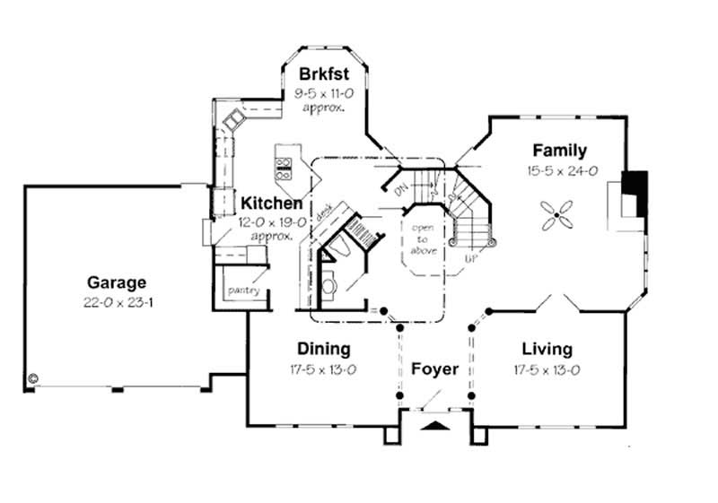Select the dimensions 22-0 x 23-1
117,303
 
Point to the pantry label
244,291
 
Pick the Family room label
559,151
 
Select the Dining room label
323,349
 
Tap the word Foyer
435,369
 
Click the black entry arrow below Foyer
435,425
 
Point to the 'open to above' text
423,238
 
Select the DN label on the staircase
398,190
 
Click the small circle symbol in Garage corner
33,378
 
